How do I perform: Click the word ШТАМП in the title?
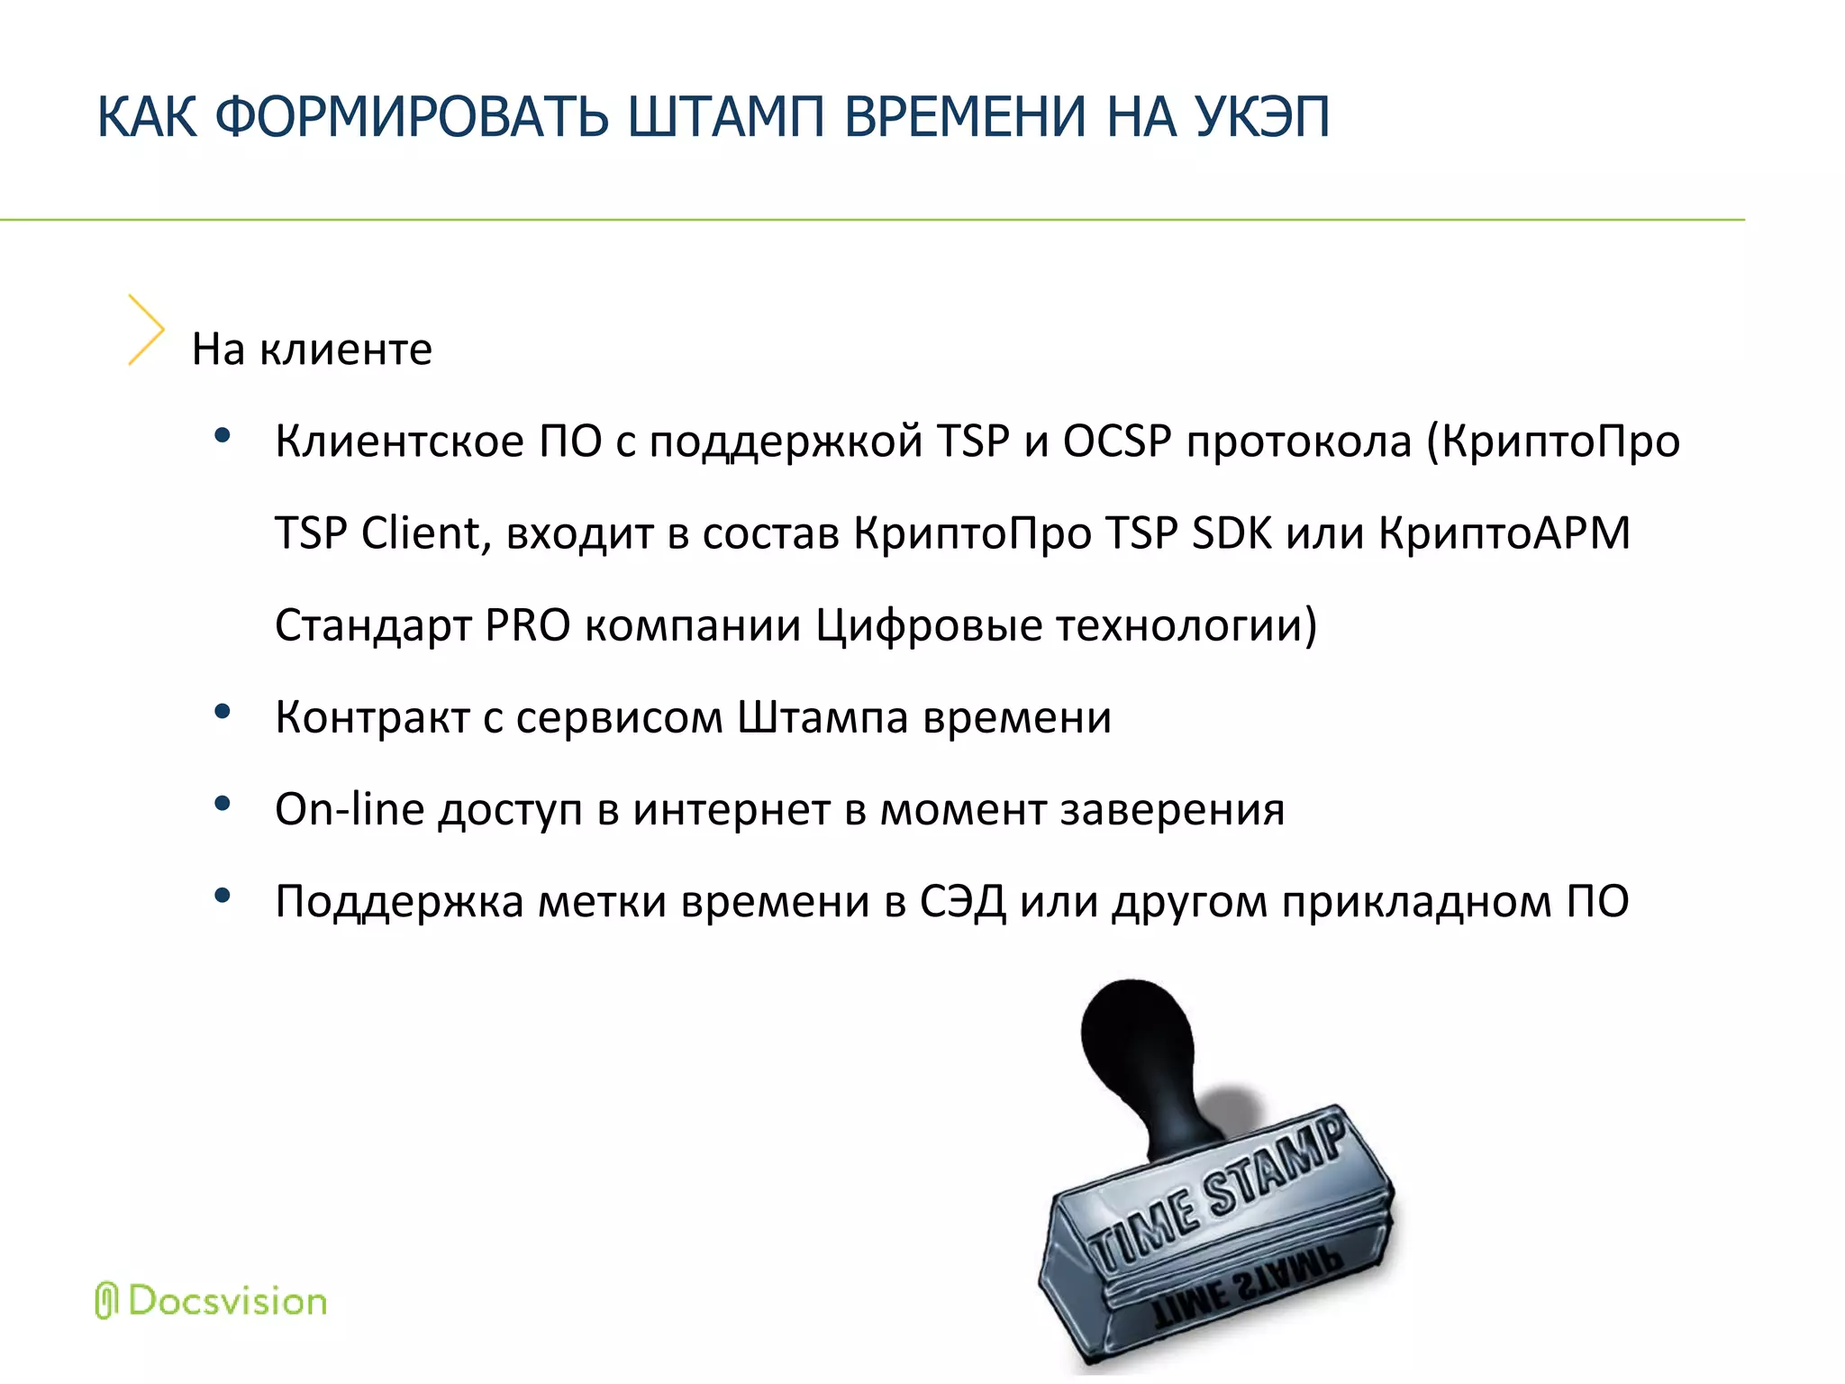point(726,117)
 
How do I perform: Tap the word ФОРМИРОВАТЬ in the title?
point(413,117)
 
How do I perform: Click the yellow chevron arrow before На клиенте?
point(145,330)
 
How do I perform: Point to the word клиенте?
point(346,350)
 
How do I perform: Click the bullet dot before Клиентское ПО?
point(223,437)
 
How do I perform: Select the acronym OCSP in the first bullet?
point(1117,442)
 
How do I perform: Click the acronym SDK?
point(1232,533)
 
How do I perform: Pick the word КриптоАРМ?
point(1504,533)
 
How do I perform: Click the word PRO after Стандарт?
point(528,625)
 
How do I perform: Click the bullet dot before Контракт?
point(223,713)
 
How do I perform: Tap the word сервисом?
point(620,718)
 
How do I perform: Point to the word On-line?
point(350,809)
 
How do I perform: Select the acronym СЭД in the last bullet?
point(962,901)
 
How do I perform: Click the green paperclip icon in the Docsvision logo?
point(106,1301)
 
